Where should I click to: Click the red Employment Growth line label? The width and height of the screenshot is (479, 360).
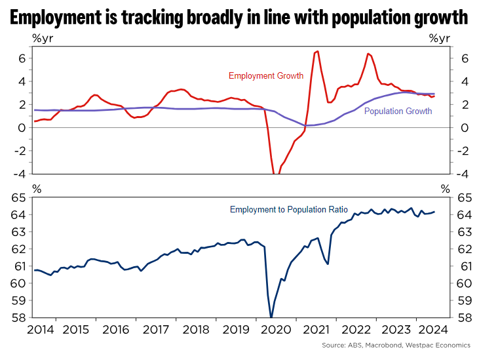coord(265,76)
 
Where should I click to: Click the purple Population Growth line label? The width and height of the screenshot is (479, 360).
coord(398,111)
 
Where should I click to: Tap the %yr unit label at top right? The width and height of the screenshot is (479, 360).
coord(440,38)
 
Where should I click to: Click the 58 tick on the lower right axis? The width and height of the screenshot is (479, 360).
coord(463,318)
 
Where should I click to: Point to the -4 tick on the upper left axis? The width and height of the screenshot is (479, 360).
coord(19,174)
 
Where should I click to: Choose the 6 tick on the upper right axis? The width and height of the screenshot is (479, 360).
coord(463,58)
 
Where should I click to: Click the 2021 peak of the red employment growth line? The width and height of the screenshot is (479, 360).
coord(317,51)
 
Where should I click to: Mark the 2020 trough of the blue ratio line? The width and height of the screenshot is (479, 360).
coord(271,317)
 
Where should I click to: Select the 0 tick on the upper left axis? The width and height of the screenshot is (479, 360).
coord(22,127)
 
